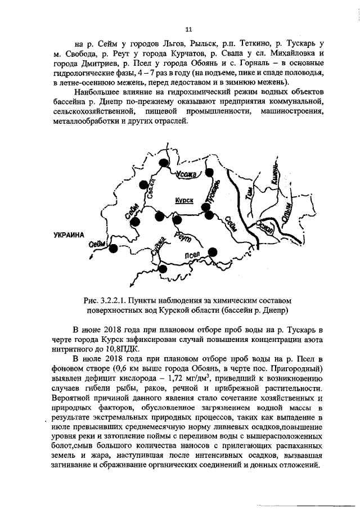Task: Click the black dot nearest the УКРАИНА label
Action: coord(113,248)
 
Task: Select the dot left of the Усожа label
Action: coord(163,163)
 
